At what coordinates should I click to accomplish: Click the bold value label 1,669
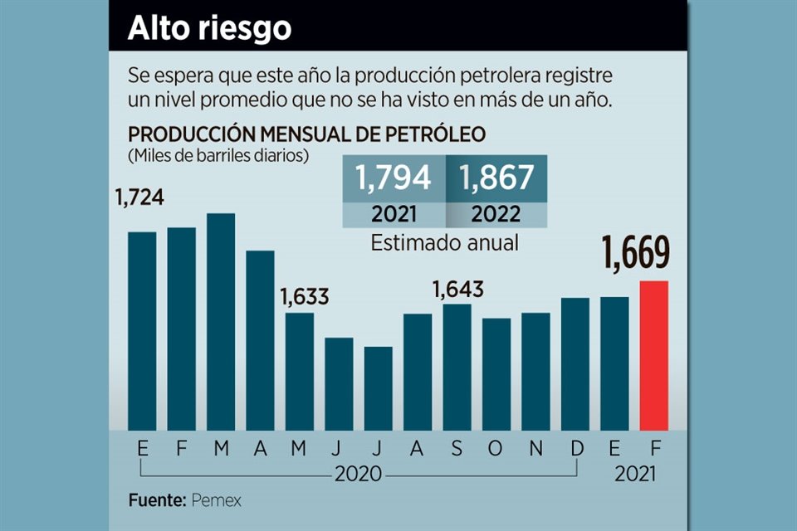(x=637, y=253)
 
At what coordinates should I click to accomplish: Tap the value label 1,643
(x=457, y=290)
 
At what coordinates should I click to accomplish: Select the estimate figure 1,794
(x=394, y=178)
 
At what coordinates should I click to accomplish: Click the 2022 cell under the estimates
(x=496, y=214)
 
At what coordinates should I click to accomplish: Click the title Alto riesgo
(x=209, y=28)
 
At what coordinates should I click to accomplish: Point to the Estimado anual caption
(x=445, y=244)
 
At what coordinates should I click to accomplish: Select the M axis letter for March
(x=221, y=449)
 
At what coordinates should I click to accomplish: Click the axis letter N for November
(x=537, y=449)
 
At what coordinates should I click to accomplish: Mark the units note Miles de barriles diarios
(x=218, y=155)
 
